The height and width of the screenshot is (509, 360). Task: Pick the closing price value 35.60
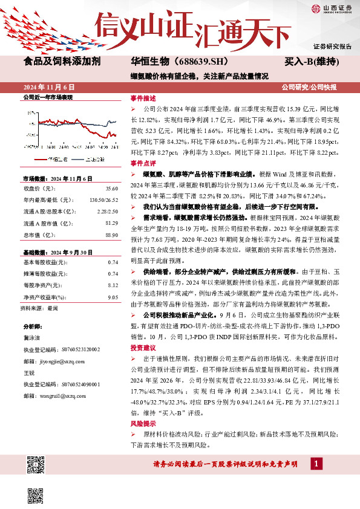click(111, 188)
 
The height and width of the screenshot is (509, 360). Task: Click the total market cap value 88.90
click(111, 234)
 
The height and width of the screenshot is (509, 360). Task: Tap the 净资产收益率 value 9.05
click(113, 297)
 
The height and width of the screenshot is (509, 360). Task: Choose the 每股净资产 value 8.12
click(113, 286)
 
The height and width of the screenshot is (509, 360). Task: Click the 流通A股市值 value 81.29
click(111, 222)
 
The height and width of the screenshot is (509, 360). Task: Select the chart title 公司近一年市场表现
click(47, 97)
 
